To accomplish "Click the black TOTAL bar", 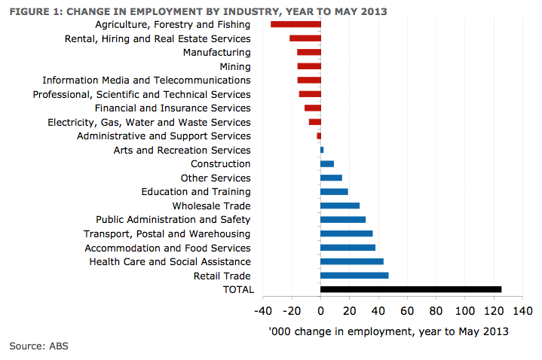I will pos(411,289).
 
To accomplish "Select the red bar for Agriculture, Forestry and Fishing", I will pos(295,25).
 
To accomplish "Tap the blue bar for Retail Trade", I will pos(354,276).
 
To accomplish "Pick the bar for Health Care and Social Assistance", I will pos(352,261).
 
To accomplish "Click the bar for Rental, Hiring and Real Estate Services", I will pos(305,38).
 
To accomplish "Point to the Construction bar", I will pos(327,163).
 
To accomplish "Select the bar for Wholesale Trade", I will pos(340,206).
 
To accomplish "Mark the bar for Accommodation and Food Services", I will pos(348,248).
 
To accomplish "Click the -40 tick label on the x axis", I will pos(263,310).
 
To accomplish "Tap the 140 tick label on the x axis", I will pos(522,310).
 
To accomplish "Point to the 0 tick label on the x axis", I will pos(320,310).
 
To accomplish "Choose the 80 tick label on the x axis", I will pos(436,310).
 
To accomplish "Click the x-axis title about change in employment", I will pos(388,331).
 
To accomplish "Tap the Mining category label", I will pos(234,66).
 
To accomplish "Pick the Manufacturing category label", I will pos(216,53).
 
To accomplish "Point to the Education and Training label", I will pos(195,192).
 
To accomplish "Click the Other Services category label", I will pos(215,178).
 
